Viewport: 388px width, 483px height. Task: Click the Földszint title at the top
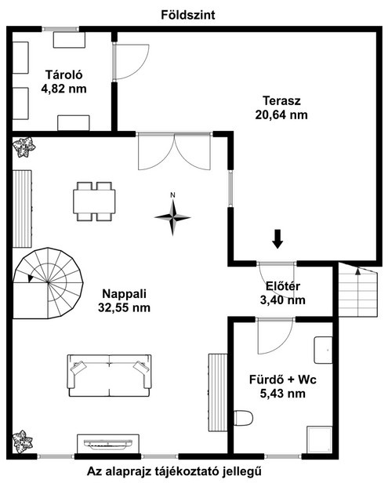pyautogui.click(x=188, y=15)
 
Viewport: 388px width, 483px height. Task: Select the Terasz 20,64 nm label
pyautogui.click(x=281, y=108)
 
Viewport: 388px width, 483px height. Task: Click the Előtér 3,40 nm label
pyautogui.click(x=283, y=293)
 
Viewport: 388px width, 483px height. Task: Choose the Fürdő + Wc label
pyautogui.click(x=283, y=387)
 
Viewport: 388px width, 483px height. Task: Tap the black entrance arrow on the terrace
pyautogui.click(x=277, y=238)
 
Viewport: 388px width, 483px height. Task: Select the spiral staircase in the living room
pyautogui.click(x=48, y=283)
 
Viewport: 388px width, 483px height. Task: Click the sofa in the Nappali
pyautogui.click(x=109, y=375)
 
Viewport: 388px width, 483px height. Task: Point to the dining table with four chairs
pyautogui.click(x=94, y=202)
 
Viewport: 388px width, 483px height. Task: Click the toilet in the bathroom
pyautogui.click(x=243, y=418)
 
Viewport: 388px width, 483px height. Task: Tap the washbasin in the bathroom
pyautogui.click(x=323, y=350)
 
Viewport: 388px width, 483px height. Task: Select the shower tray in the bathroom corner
pyautogui.click(x=320, y=440)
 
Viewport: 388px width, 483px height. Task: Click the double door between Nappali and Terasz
pyautogui.click(x=174, y=151)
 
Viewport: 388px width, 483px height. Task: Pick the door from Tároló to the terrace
pyautogui.click(x=131, y=62)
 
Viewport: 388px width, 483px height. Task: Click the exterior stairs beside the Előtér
pyautogui.click(x=357, y=289)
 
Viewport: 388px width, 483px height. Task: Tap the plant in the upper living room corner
pyautogui.click(x=24, y=147)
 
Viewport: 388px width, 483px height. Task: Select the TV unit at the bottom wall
pyautogui.click(x=108, y=444)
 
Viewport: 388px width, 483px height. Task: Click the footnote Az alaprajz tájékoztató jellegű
pyautogui.click(x=174, y=471)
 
